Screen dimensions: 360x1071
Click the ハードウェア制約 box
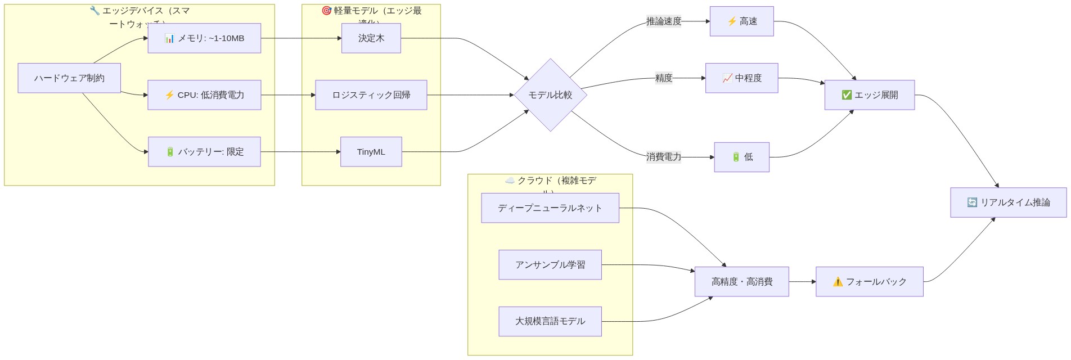69,78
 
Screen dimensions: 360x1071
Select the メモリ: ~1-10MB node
204,38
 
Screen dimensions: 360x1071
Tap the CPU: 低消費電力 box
204,95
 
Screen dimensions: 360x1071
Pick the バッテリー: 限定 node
204,152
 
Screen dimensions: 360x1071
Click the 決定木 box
371,38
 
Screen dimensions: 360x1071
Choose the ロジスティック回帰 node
371,95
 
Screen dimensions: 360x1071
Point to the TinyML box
371,152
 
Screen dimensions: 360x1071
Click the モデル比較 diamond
550,95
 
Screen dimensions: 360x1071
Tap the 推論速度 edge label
663,21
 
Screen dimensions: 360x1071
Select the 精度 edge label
663,78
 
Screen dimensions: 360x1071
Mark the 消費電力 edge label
663,157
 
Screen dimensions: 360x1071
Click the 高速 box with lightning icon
741,21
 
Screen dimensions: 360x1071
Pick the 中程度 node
741,78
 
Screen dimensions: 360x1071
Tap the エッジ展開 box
869,95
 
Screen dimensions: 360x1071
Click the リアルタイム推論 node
1008,202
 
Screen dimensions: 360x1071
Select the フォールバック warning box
869,282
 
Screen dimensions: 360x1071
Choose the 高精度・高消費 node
741,282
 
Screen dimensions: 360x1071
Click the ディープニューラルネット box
550,208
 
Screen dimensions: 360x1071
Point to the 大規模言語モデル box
550,321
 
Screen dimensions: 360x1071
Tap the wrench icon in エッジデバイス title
94,11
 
